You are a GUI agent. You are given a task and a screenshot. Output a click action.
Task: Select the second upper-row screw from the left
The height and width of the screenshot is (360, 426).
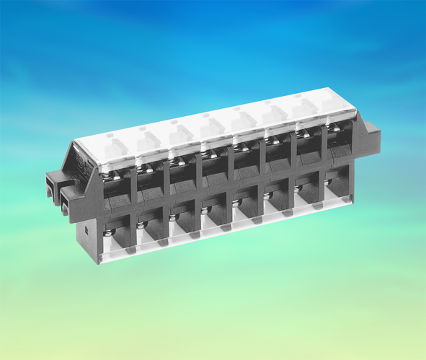(143, 168)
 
